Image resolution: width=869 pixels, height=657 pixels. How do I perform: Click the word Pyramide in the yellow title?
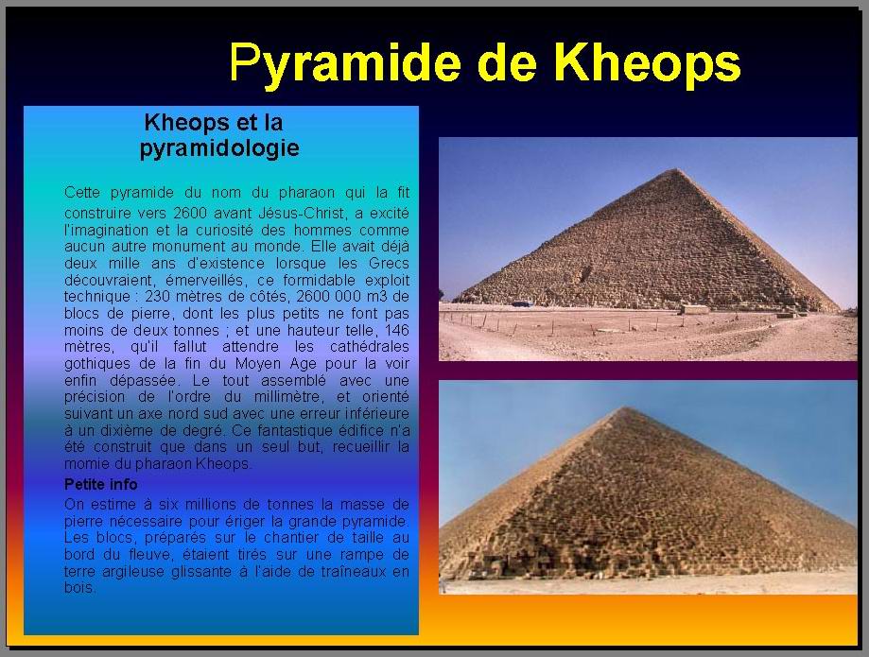pos(345,64)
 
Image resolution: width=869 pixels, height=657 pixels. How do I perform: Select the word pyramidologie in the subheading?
pos(219,149)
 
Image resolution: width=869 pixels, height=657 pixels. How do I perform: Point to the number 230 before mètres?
pos(157,297)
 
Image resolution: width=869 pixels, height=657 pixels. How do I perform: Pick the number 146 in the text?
pos(397,330)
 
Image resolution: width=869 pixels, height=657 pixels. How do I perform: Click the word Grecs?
pos(389,263)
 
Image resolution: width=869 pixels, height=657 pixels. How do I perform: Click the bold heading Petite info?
pos(101,484)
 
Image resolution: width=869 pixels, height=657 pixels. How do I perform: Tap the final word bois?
pos(79,588)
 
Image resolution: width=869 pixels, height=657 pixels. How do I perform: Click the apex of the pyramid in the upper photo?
pos(674,169)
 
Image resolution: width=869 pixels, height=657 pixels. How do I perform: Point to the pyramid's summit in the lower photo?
pos(626,408)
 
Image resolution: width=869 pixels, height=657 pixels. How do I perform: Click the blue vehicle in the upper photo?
pos(522,303)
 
